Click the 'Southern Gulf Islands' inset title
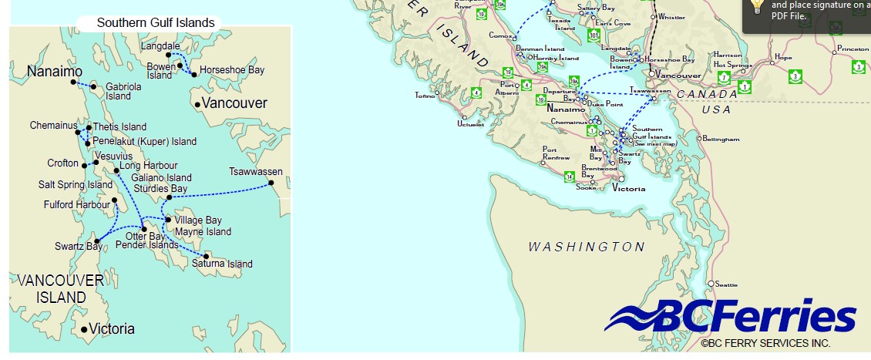tap(156, 22)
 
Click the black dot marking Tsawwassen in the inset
tap(271, 183)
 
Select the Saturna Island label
tap(228, 264)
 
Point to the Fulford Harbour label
tap(77, 204)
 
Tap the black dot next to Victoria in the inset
tap(84, 330)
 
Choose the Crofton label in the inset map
tap(62, 163)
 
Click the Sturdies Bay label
tap(160, 188)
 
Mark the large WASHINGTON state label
tap(586, 247)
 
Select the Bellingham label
tap(721, 140)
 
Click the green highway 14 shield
tap(569, 177)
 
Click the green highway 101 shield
tap(593, 35)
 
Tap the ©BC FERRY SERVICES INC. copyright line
tap(765, 342)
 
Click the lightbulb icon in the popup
tap(757, 7)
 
